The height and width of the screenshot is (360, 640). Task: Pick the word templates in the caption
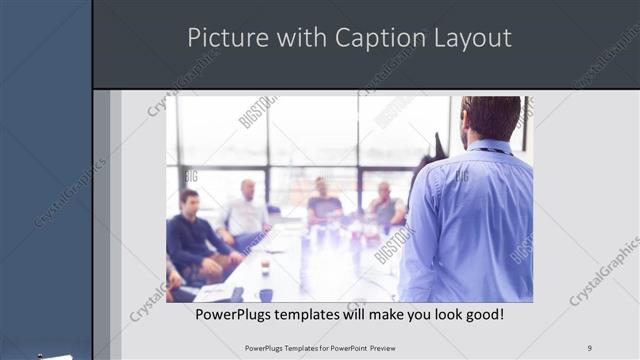point(316,314)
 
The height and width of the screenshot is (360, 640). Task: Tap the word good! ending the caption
point(481,314)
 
